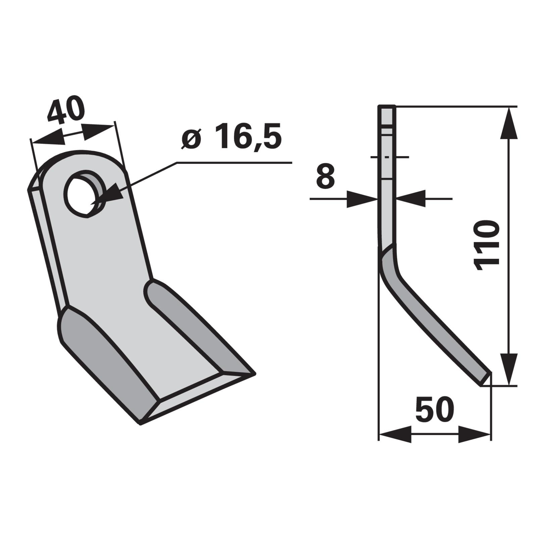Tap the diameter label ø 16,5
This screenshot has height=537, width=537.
[x=231, y=136]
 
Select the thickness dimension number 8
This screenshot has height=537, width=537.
[x=326, y=176]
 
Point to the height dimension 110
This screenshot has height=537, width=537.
[x=486, y=245]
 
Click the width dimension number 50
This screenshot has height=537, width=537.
[x=435, y=409]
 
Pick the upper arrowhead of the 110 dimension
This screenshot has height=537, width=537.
[x=509, y=123]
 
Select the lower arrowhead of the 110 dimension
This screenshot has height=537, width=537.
[x=509, y=370]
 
